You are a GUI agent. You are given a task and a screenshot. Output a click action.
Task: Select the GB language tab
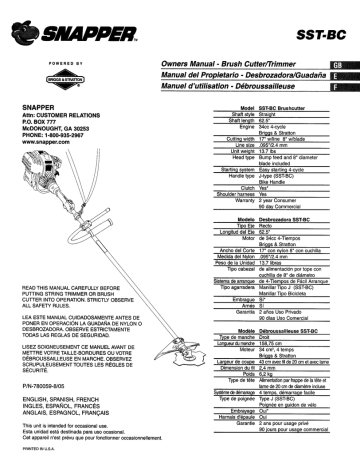click(342, 64)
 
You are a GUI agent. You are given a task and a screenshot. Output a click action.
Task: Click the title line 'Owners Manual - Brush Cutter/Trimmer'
click(231, 64)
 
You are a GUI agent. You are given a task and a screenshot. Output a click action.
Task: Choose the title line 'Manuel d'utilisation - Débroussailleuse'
click(229, 89)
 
